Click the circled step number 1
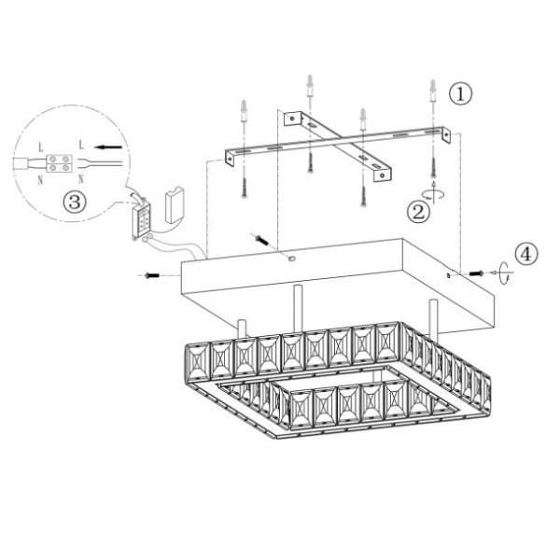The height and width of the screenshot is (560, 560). (x=460, y=94)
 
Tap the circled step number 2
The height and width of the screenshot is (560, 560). (x=418, y=212)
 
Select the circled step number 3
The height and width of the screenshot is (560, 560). (x=75, y=202)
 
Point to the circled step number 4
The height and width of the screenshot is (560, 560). (x=526, y=254)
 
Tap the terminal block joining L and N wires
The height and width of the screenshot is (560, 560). (x=60, y=162)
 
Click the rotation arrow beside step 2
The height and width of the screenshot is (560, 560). (x=434, y=193)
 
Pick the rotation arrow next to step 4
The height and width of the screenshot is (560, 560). (x=503, y=273)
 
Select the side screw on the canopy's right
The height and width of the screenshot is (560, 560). (x=476, y=273)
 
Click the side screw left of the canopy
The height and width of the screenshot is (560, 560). (x=152, y=275)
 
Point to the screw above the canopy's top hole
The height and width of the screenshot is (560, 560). (x=261, y=239)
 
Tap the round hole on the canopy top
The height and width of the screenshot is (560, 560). (x=292, y=259)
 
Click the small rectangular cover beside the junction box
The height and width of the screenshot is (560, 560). (x=175, y=205)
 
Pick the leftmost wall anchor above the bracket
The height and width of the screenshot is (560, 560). (x=245, y=110)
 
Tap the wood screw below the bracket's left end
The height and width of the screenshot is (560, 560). (x=245, y=187)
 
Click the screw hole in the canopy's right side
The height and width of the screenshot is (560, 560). (x=449, y=275)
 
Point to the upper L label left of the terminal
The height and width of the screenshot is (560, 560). (x=41, y=147)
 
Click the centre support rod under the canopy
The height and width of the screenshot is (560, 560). (x=298, y=308)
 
